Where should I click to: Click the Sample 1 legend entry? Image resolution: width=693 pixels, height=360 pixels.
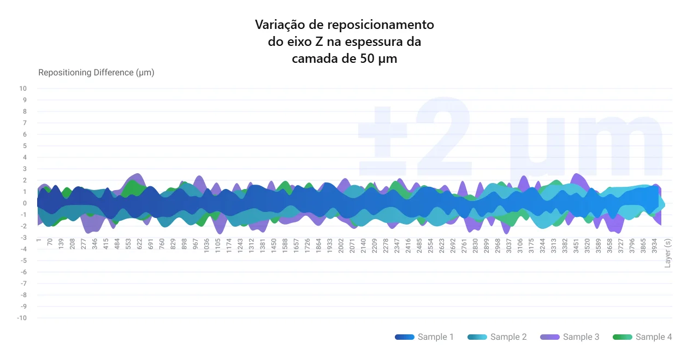click(424, 337)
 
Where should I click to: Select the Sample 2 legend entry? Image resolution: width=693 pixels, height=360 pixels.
click(497, 337)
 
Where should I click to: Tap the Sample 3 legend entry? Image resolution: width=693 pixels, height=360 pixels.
click(570, 337)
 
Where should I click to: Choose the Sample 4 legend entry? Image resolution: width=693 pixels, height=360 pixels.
click(642, 337)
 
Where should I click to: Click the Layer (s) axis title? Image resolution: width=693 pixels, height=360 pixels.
click(667, 253)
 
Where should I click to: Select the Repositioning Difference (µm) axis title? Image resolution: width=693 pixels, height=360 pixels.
click(96, 73)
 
